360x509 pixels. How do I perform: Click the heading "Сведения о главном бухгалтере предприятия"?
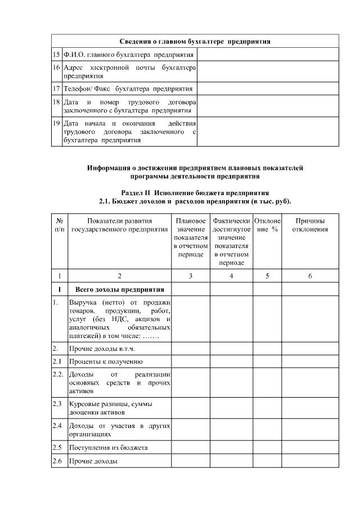pyautogui.click(x=195, y=42)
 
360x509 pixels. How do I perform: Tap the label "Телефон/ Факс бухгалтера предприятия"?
pyautogui.click(x=128, y=89)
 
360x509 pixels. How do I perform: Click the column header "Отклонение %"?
pyautogui.click(x=267, y=225)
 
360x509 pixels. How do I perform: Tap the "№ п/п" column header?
pyautogui.click(x=59, y=225)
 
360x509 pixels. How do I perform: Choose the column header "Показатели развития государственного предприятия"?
pyautogui.click(x=119, y=225)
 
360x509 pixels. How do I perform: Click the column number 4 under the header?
pyautogui.click(x=231, y=276)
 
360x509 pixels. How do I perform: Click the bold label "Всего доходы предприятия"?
pyautogui.click(x=120, y=290)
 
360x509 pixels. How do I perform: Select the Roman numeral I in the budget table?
pyautogui.click(x=59, y=290)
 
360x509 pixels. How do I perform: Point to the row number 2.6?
pyautogui.click(x=57, y=462)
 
